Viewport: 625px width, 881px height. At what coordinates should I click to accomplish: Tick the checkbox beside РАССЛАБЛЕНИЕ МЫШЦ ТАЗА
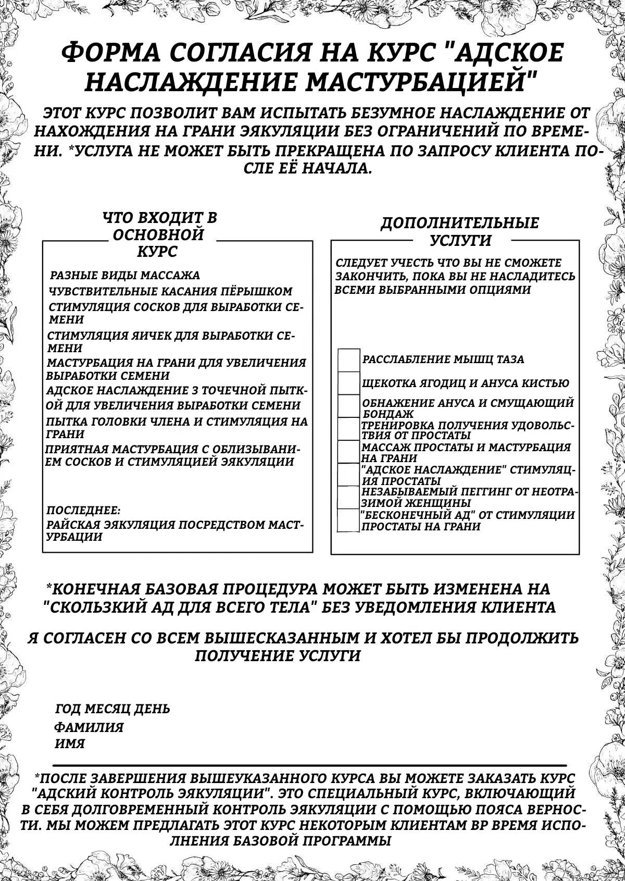pyautogui.click(x=349, y=360)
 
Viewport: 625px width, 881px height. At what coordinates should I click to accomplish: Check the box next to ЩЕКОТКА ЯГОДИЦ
pyautogui.click(x=349, y=383)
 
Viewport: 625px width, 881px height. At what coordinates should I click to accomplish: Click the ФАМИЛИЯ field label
pyautogui.click(x=89, y=727)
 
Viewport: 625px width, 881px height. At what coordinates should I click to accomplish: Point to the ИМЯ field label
pyautogui.click(x=70, y=744)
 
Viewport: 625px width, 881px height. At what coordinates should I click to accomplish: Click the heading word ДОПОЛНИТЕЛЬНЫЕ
pyautogui.click(x=459, y=224)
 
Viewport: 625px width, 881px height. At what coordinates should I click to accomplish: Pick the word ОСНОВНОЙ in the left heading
pyautogui.click(x=158, y=235)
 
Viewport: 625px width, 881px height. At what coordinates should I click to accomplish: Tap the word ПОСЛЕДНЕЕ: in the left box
pyautogui.click(x=83, y=509)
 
